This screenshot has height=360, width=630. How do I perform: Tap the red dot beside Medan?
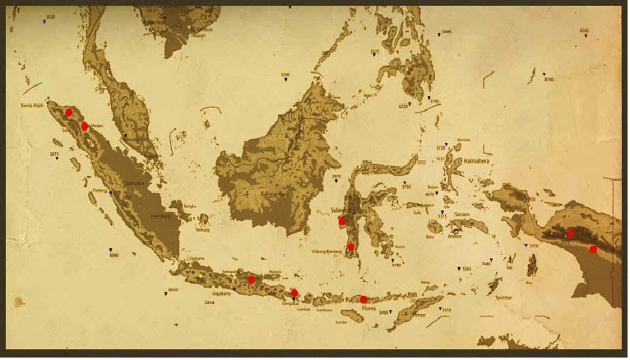click(x=86, y=126)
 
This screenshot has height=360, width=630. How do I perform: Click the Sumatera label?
click(x=134, y=182)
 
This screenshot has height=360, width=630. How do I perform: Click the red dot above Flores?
click(x=364, y=299)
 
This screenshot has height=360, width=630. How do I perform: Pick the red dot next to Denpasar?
click(x=294, y=292)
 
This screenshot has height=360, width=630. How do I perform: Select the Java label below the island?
click(x=209, y=302)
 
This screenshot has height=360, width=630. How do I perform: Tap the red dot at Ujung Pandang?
click(x=351, y=247)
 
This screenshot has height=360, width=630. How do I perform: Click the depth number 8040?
click(x=114, y=255)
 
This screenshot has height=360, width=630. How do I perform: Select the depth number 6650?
click(x=172, y=289)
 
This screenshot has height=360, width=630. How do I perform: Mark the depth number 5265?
click(x=466, y=269)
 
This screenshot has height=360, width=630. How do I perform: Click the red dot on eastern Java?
click(x=252, y=280)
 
